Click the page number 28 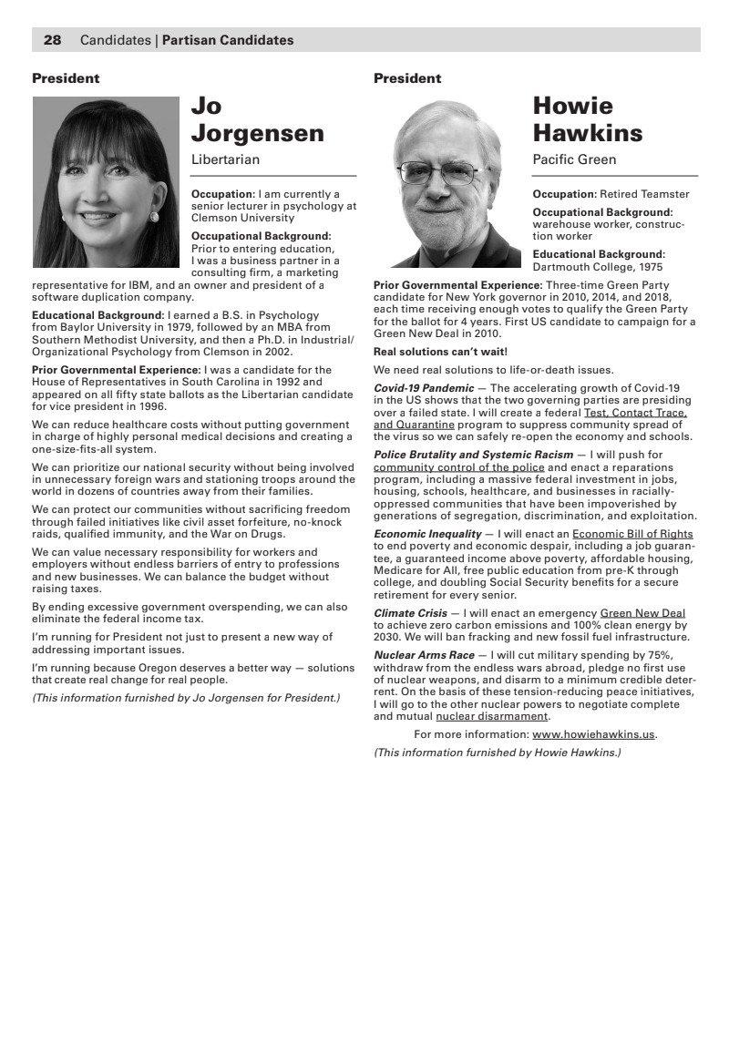pos(53,40)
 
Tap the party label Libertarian pos(225,159)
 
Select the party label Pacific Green pos(574,159)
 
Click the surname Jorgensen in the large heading pos(257,133)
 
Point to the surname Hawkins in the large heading pos(587,133)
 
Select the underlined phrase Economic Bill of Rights pos(632,534)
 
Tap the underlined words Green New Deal pos(642,613)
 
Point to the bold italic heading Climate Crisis pos(410,613)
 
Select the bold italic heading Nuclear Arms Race pos(424,655)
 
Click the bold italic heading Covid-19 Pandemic pos(424,388)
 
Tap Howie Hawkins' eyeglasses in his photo pos(449,170)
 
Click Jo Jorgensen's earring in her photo pos(155,216)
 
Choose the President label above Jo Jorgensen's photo pos(66,78)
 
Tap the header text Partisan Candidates pos(228,40)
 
